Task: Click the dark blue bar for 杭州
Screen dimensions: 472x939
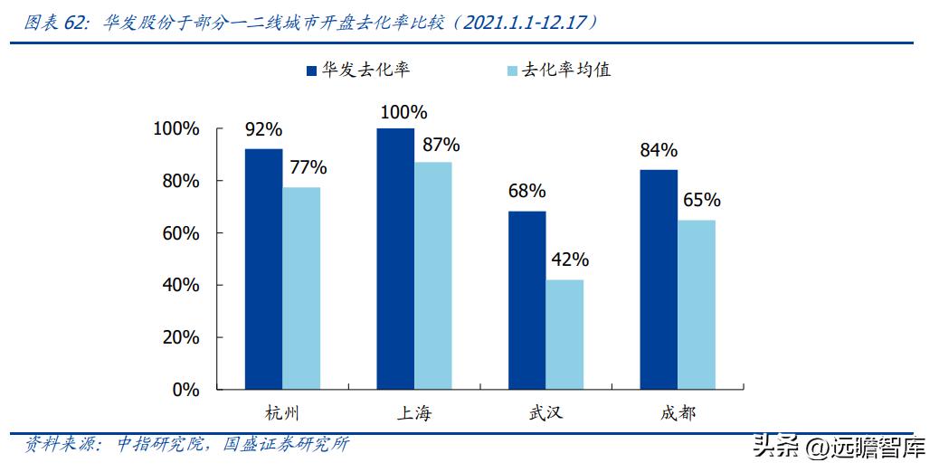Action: click(x=263, y=269)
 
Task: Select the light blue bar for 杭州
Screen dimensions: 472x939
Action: click(x=301, y=288)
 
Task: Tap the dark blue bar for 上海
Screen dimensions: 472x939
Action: click(x=395, y=259)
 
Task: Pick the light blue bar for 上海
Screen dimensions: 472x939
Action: click(x=433, y=276)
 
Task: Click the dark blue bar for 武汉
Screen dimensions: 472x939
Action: click(x=526, y=300)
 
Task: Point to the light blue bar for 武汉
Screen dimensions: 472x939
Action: click(x=564, y=335)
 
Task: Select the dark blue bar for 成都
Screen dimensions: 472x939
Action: click(x=659, y=279)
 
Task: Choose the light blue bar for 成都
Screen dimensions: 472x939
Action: click(x=697, y=305)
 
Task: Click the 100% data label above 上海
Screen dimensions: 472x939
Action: click(x=403, y=112)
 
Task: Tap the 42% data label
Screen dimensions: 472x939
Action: click(x=569, y=260)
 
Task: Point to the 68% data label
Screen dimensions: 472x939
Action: click(x=526, y=191)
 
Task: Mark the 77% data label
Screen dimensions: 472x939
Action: click(x=307, y=167)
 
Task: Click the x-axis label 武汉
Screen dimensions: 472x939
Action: click(x=545, y=413)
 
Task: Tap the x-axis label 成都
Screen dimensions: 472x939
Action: click(x=678, y=413)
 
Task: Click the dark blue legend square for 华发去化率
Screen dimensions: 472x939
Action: click(x=311, y=70)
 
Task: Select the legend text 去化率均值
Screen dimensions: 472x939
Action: click(x=566, y=70)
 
